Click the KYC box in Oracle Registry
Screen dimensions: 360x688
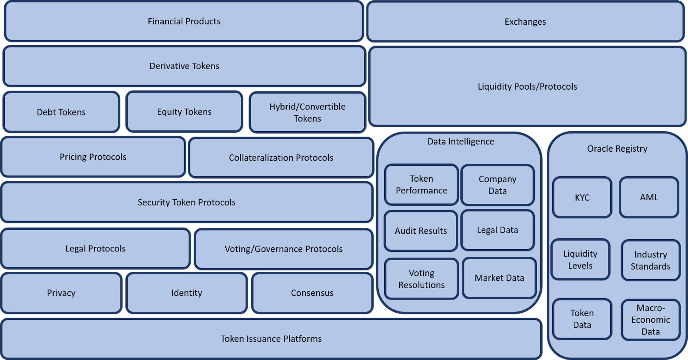click(x=582, y=197)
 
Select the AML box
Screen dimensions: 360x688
click(x=649, y=197)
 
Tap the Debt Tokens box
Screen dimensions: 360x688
click(x=61, y=112)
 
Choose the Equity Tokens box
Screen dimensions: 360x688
click(x=184, y=112)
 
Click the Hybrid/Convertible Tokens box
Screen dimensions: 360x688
click(x=307, y=112)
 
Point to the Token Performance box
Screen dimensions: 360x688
click(x=421, y=184)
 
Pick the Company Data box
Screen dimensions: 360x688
click(x=497, y=185)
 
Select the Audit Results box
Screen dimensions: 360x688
click(x=421, y=231)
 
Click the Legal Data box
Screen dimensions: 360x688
click(x=497, y=230)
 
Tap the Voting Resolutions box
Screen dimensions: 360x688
click(x=421, y=279)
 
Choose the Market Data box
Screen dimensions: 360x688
click(x=499, y=278)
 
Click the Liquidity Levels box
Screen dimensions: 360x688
click(x=580, y=259)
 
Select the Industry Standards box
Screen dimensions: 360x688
click(x=650, y=260)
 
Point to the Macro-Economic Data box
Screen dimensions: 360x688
click(x=650, y=319)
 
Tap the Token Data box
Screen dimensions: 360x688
click(x=582, y=319)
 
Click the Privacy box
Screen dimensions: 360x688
click(x=61, y=293)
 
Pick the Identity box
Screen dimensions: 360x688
click(x=186, y=293)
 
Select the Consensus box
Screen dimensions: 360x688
click(x=312, y=293)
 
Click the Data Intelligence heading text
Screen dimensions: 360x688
click(x=460, y=141)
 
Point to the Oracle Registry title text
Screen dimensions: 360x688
click(x=617, y=148)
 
